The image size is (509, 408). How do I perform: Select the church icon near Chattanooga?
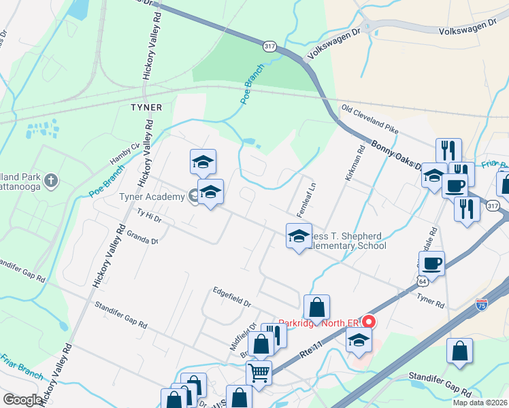(x=52, y=181)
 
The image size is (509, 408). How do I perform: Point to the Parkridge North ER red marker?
(x=370, y=321)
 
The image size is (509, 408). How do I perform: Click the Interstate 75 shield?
(x=482, y=305)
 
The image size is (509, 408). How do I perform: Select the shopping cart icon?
(x=259, y=371)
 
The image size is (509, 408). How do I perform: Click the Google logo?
(x=22, y=400)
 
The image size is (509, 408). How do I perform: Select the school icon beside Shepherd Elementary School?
(x=298, y=235)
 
